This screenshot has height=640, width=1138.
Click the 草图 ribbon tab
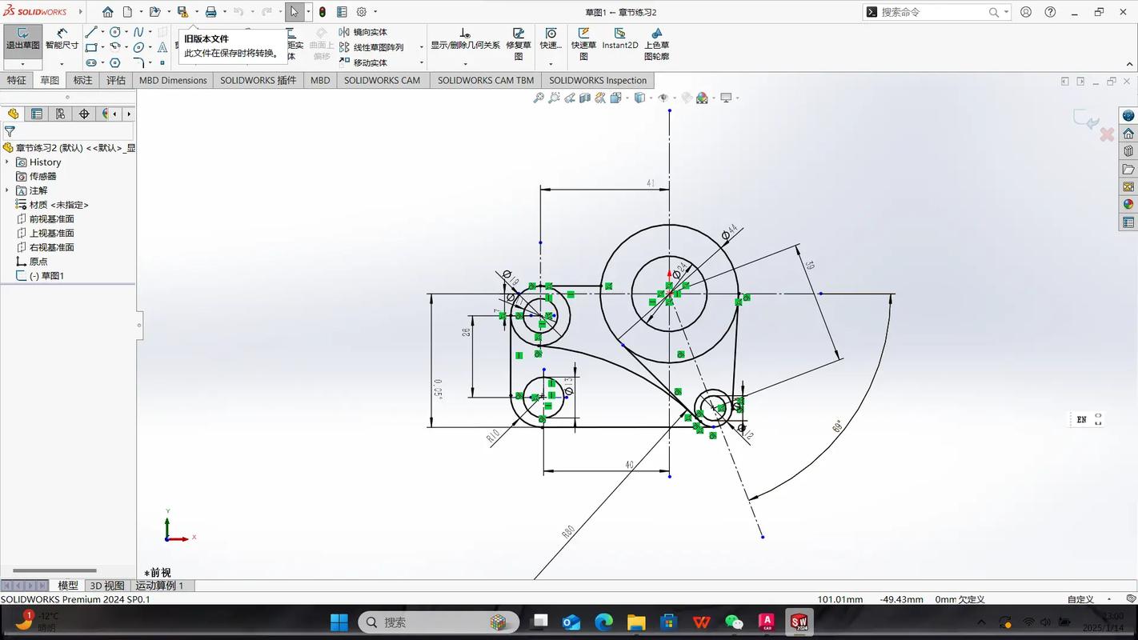50,80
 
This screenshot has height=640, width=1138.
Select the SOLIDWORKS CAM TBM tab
485,80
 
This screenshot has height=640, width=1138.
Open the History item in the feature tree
45,162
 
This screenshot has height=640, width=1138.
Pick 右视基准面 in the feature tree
51,247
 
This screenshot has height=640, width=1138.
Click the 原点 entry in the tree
38,262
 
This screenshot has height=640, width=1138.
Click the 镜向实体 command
370,32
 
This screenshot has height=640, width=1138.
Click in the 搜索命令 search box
932,12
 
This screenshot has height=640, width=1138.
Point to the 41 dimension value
651,183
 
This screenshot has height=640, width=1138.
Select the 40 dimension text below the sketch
629,465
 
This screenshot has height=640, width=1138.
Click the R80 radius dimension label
568,532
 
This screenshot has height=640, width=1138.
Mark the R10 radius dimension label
493,437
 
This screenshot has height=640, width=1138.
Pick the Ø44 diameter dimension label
728,232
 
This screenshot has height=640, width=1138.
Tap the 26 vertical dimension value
466,332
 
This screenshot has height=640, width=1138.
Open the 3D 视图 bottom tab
106,586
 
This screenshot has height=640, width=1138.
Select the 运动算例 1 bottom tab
159,586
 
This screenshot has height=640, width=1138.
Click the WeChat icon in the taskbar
734,622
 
